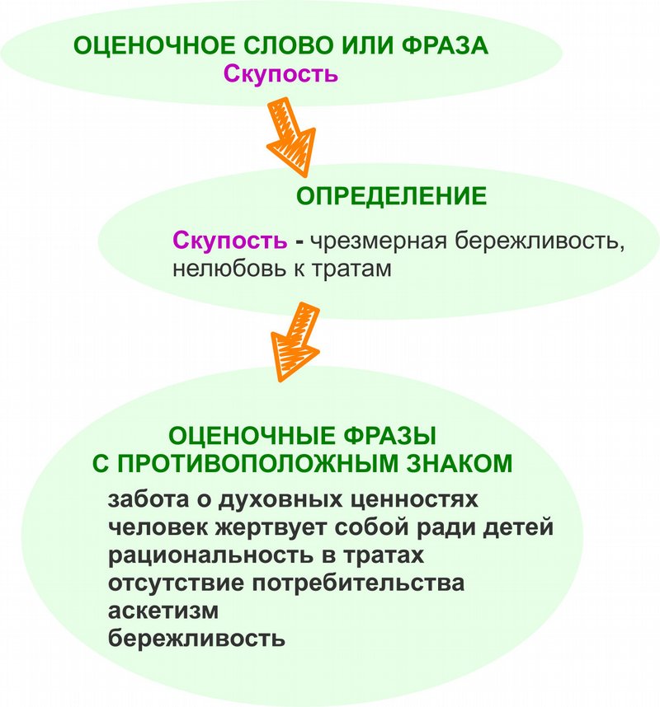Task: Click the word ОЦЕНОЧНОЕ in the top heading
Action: coord(154,45)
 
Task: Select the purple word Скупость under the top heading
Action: coord(280,74)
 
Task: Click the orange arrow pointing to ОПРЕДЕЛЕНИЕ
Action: coord(291,137)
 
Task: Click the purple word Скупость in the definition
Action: coord(230,240)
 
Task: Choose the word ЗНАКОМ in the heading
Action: coord(460,464)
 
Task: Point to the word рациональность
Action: coord(210,555)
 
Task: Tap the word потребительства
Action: coord(358,583)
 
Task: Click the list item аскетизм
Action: coord(163,611)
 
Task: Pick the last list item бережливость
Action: coord(196,639)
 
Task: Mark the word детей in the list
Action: coord(518,527)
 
